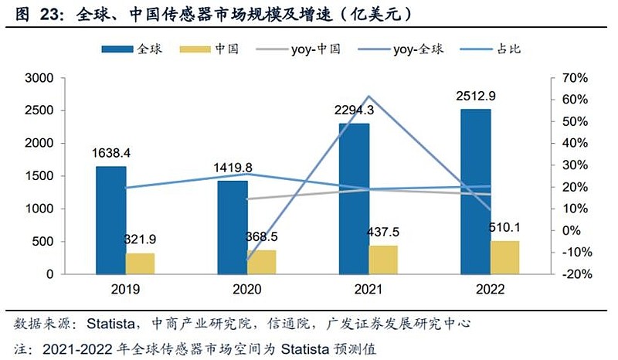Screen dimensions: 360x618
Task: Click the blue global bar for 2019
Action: tap(110, 220)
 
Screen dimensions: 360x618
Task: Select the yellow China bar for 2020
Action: tap(261, 262)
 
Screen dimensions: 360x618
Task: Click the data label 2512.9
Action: tap(476, 97)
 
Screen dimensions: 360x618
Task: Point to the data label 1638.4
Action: tap(111, 153)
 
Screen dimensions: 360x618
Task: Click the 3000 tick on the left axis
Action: tap(38, 78)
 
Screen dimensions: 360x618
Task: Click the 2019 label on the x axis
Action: tap(125, 290)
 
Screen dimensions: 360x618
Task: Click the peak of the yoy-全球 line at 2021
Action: tap(368, 97)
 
